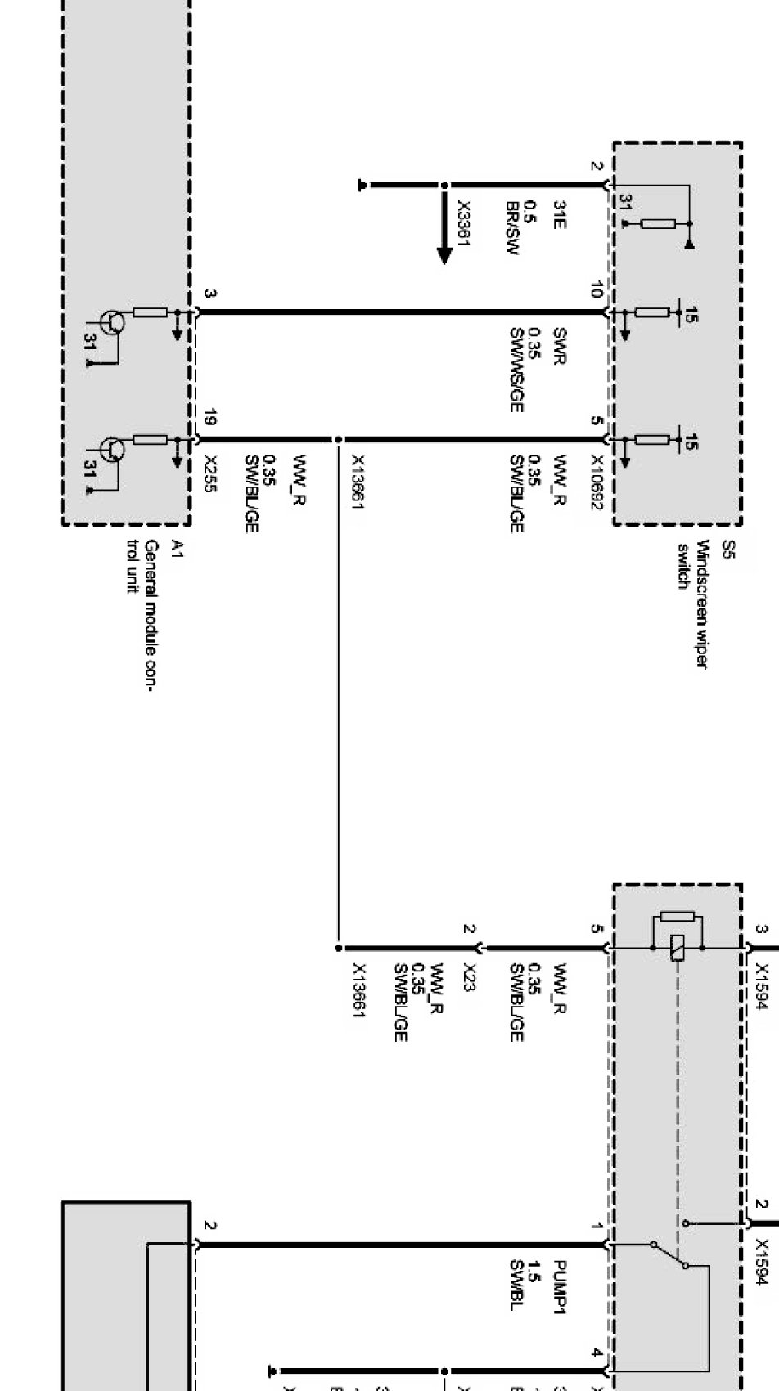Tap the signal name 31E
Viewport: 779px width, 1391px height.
coord(560,213)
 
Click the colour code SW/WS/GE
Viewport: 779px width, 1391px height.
coord(516,370)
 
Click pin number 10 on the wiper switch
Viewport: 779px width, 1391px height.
coord(596,290)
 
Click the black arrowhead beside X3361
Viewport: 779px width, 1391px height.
coord(444,254)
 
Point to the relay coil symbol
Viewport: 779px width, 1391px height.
coord(677,949)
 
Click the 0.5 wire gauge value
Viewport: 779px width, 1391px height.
coord(531,210)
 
